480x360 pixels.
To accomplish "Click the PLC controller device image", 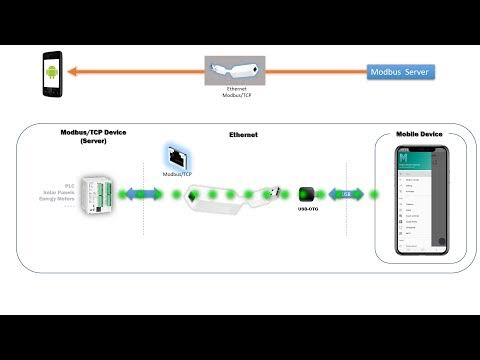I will click(98, 194).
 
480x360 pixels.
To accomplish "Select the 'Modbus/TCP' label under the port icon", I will click(175, 173).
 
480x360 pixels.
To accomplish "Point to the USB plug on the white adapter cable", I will click(269, 191).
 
